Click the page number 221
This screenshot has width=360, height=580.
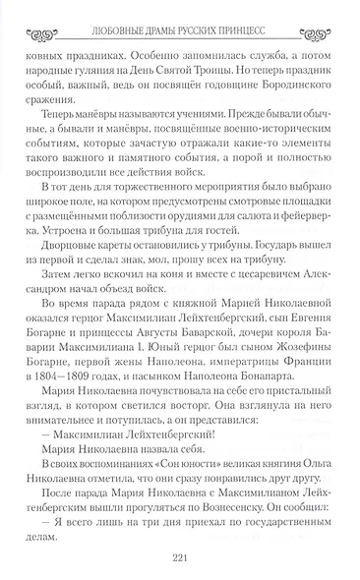(x=179, y=553)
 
